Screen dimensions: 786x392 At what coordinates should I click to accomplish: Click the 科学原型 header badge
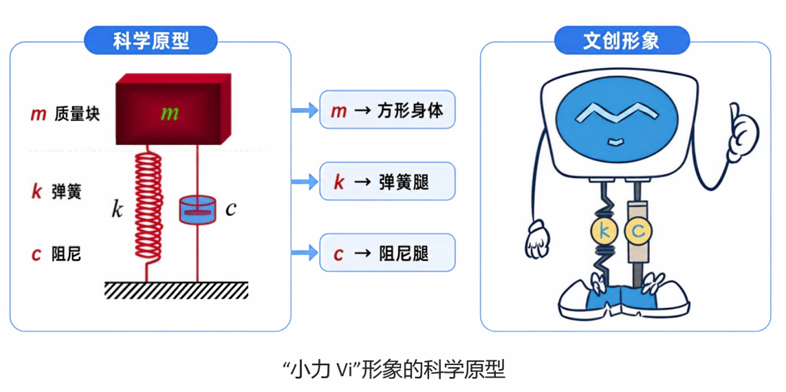[151, 41]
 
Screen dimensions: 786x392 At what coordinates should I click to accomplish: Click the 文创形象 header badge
[622, 41]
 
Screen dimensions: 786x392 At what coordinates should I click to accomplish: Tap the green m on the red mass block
[169, 113]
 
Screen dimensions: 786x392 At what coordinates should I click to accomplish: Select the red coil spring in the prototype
[149, 210]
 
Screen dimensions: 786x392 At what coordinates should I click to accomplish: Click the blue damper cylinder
[197, 210]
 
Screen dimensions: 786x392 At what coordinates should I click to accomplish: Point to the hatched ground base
[177, 290]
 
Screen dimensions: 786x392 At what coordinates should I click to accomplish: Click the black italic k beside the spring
[117, 210]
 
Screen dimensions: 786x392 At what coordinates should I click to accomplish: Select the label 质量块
[77, 114]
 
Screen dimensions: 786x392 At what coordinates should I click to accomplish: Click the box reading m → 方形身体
[387, 109]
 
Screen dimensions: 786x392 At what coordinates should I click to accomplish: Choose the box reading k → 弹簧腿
[387, 182]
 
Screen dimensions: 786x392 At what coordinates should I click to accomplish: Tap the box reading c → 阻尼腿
[387, 252]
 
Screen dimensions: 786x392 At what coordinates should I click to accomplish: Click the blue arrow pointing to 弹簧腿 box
[305, 182]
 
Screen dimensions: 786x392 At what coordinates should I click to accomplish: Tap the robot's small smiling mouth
[615, 142]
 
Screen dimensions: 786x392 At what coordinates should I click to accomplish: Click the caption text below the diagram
[393, 371]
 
